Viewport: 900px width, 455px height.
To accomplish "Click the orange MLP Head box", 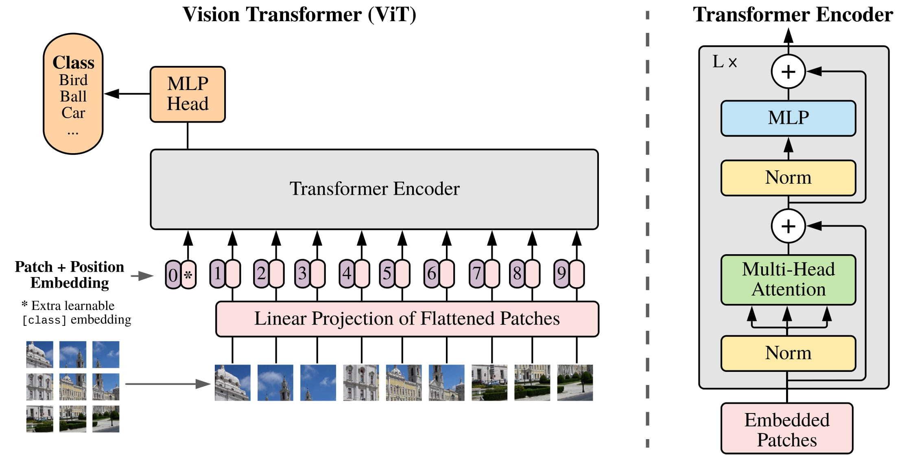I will point(188,94).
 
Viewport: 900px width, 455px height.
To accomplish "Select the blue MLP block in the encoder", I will point(788,118).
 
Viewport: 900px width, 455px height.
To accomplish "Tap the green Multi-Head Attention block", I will point(788,279).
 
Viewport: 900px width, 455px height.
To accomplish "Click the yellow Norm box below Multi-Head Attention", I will point(788,353).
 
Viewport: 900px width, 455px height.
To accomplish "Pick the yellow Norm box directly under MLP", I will point(788,178).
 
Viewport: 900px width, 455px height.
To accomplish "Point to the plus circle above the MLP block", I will point(788,72).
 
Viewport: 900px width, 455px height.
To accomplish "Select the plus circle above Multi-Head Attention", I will point(788,226).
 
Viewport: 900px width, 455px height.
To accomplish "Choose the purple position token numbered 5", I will point(387,273).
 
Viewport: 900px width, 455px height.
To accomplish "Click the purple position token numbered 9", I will point(561,273).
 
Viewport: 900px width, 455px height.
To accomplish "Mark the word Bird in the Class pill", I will point(73,80).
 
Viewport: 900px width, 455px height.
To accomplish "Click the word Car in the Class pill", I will point(73,112).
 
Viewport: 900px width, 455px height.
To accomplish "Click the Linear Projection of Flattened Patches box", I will point(407,319).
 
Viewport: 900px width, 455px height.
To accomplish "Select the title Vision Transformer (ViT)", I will point(299,14).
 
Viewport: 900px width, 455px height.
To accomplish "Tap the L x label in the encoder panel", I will point(725,62).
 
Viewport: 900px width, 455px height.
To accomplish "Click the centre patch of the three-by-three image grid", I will point(73,387).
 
